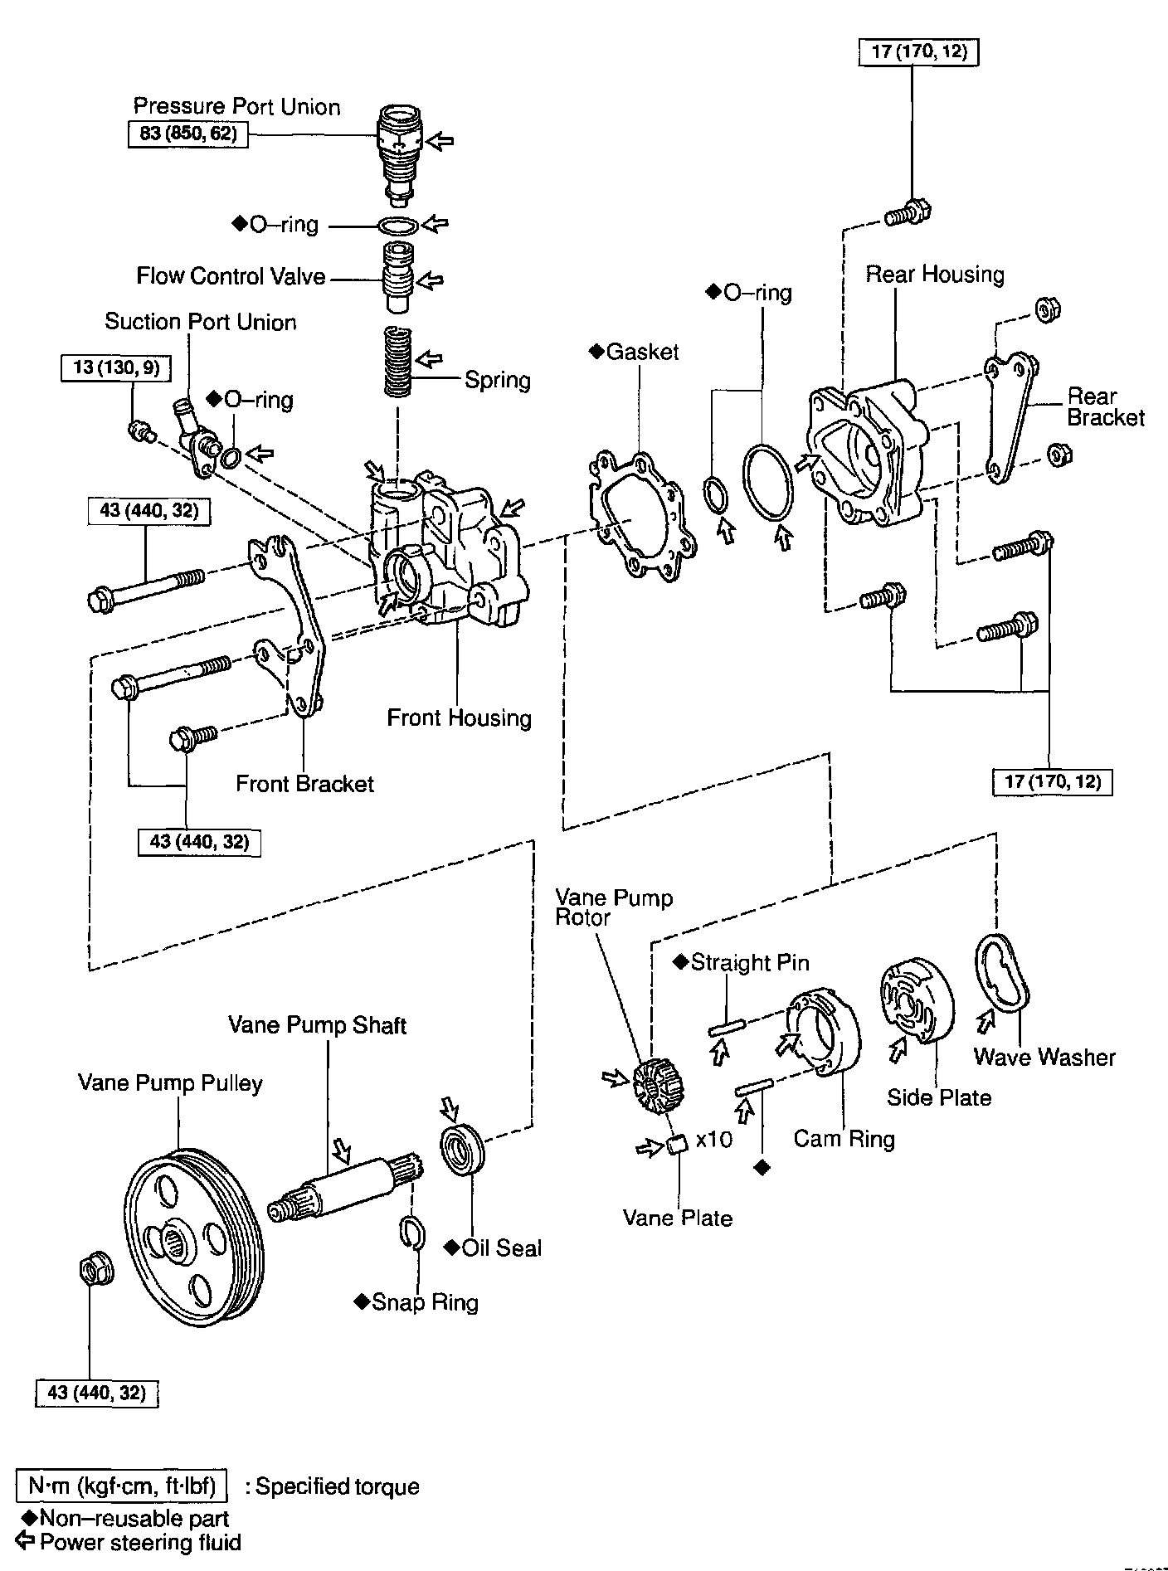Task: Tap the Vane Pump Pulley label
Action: [170, 1083]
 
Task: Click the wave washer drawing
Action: [1003, 975]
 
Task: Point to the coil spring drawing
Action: [399, 362]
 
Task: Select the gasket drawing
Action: [638, 515]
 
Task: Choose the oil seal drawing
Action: [461, 1149]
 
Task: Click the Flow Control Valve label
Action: [231, 276]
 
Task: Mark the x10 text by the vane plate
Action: [714, 1140]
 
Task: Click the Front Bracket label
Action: [304, 784]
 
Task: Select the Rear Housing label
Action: [935, 275]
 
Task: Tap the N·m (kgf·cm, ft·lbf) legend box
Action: [122, 1486]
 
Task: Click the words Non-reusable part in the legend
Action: [134, 1519]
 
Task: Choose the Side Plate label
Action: [939, 1097]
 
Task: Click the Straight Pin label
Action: [749, 962]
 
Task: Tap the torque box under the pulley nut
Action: [97, 1392]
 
